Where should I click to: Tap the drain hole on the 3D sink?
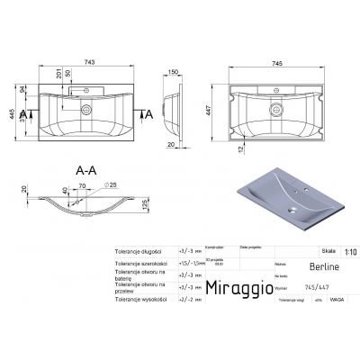(292, 213)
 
